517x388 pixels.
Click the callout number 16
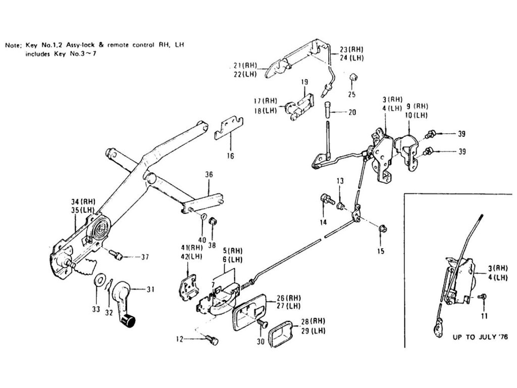click(230, 156)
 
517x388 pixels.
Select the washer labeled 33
click(99, 279)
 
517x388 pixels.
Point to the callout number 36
click(209, 175)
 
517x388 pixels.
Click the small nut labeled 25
click(354, 78)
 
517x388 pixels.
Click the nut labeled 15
click(382, 229)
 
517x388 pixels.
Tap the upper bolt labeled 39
click(431, 134)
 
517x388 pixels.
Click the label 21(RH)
click(245, 66)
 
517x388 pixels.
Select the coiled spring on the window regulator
click(99, 230)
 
